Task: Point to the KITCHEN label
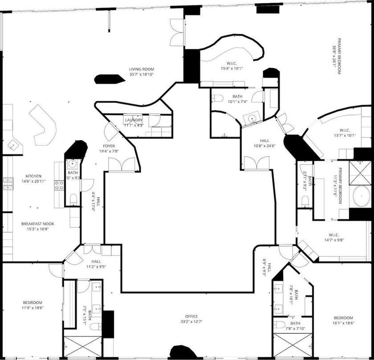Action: coord(33,176)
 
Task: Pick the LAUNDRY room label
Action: coord(134,120)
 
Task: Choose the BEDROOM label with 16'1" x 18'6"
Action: coord(343,318)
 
